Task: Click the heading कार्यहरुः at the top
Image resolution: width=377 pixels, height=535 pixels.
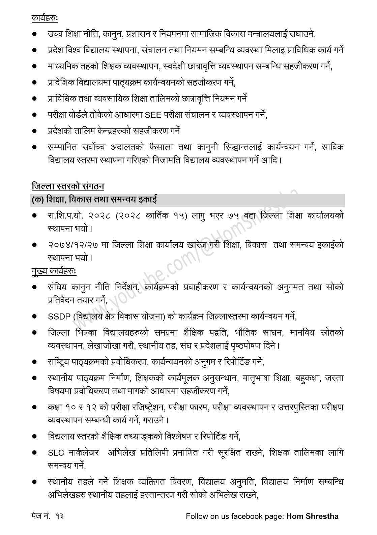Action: pos(45,18)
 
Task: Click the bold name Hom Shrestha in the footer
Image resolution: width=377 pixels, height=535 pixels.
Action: pos(312,516)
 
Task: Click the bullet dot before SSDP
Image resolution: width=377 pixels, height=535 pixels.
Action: pos(34,317)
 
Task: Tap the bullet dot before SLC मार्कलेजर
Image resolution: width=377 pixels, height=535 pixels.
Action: pos(34,453)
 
